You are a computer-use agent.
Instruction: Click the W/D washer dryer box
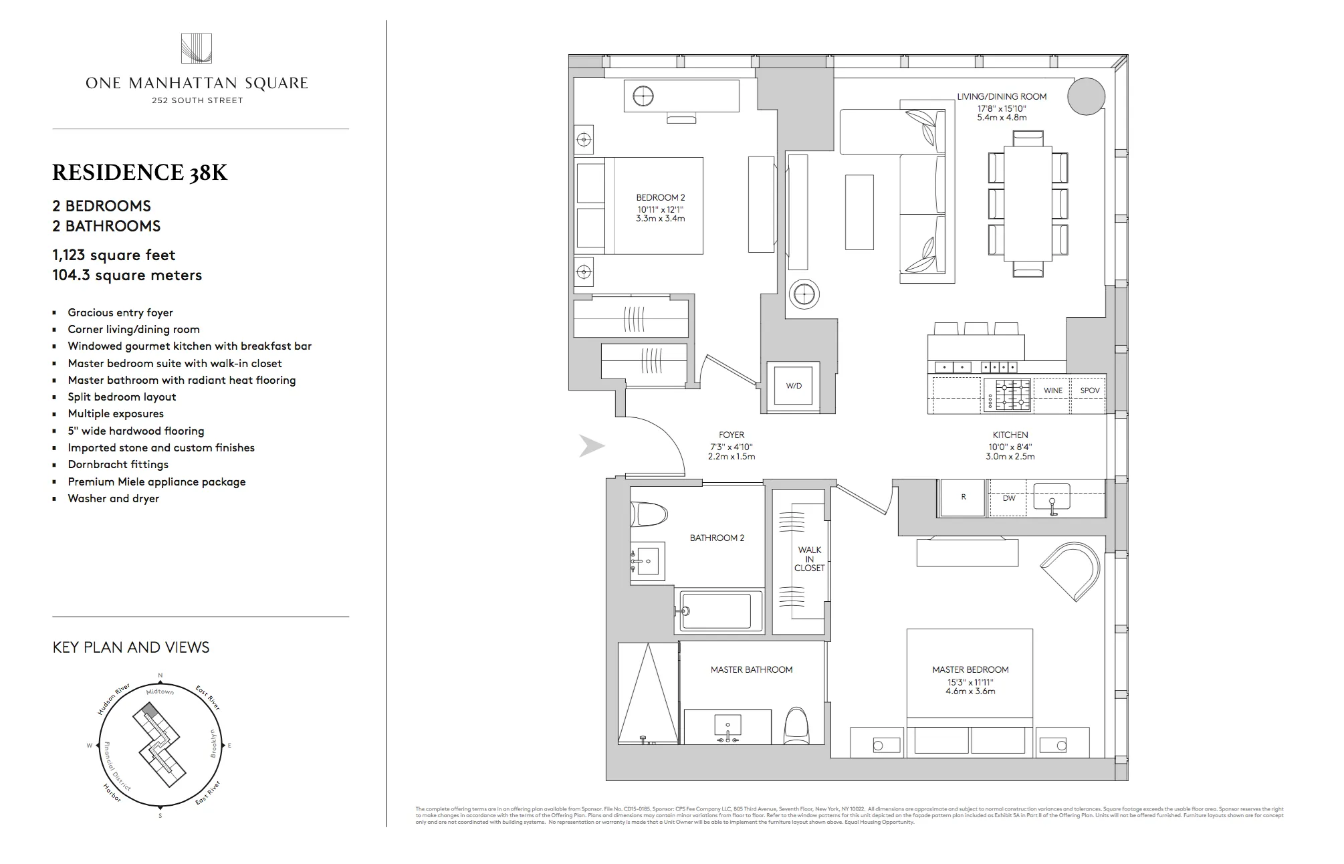point(794,386)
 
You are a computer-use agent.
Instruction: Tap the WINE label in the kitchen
point(1052,391)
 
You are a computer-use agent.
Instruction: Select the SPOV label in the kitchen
point(1089,391)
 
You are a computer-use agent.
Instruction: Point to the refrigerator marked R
point(963,498)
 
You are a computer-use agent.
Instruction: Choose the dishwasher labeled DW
point(1008,498)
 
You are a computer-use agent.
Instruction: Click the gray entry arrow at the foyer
point(591,446)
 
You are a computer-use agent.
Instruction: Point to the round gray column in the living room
point(1086,97)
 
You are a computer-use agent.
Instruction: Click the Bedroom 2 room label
point(660,198)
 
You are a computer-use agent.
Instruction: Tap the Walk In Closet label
point(809,559)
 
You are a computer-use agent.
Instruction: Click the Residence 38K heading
point(140,173)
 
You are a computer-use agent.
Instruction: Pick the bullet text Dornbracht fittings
point(118,465)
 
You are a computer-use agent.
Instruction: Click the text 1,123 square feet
point(114,255)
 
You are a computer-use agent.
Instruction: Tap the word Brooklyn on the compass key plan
point(214,743)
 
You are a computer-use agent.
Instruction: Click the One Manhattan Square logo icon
point(196,49)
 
